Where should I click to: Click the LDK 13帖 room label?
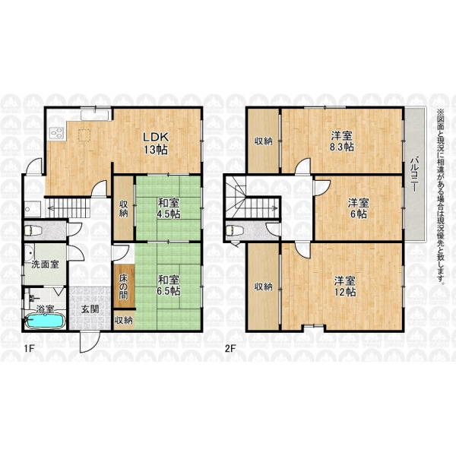point(156,143)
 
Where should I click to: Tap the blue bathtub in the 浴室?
point(45,321)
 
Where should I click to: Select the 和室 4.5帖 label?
point(169,208)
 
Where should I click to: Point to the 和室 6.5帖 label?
point(169,285)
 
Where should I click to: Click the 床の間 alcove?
point(124,287)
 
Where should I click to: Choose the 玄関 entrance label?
point(90,309)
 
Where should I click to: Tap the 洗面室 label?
point(45,264)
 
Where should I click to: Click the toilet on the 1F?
point(33,231)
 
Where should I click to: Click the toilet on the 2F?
point(234,230)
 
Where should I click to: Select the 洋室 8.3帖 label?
point(342,141)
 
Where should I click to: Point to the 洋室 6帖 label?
point(359,208)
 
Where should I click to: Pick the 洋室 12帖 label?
point(345,287)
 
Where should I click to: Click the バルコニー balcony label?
point(414,175)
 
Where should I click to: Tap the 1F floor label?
point(30,348)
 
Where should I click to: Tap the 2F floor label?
point(230,348)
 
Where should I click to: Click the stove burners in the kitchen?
point(57,133)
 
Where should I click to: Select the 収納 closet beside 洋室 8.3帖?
point(264,141)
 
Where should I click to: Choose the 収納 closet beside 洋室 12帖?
point(264,287)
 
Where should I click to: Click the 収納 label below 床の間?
point(124,321)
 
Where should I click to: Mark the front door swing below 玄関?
point(90,343)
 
